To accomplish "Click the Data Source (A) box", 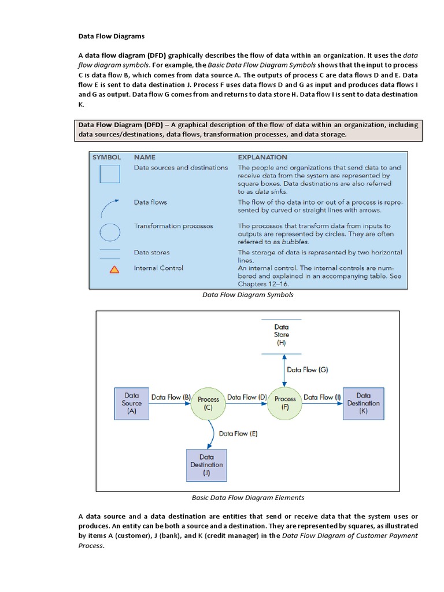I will [x=132, y=403].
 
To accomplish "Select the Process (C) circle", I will [x=208, y=403].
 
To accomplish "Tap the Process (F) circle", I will [x=284, y=403].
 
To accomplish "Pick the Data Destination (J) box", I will [x=206, y=465].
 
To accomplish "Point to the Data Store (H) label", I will [x=282, y=334].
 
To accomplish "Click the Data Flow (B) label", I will [x=171, y=397].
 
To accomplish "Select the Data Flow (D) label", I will [x=247, y=397].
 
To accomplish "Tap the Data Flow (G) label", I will [x=308, y=369].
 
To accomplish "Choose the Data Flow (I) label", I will [x=322, y=397].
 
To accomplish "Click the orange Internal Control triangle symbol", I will [x=114, y=269].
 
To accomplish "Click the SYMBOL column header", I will [x=106, y=157].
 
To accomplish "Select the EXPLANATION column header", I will [x=262, y=157].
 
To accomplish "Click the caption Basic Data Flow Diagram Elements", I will [x=247, y=497].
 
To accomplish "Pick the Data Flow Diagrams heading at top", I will [x=112, y=36].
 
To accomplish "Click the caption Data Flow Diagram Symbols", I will [x=247, y=295].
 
